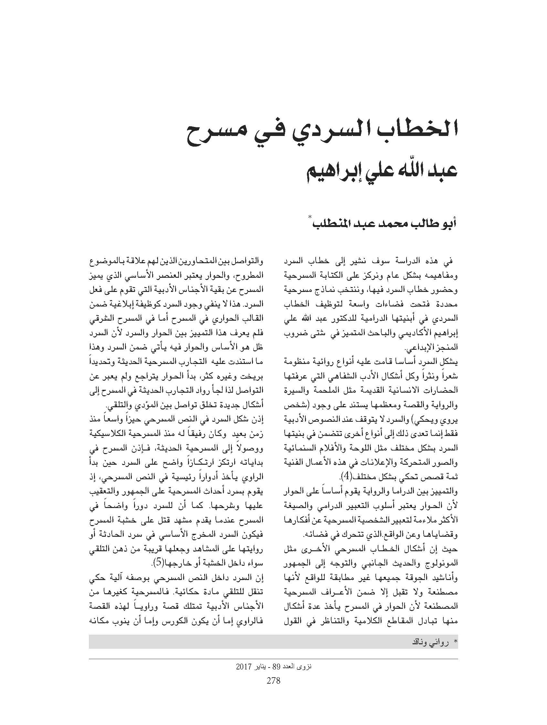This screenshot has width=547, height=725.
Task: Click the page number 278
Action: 273,681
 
